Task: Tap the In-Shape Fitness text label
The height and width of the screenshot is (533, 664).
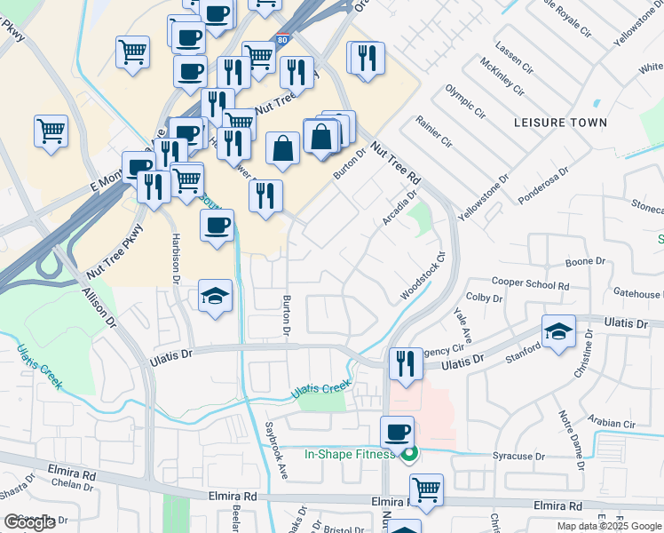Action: (349, 455)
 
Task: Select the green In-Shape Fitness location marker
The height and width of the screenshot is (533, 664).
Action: (408, 456)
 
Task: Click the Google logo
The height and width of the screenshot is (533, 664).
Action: (29, 522)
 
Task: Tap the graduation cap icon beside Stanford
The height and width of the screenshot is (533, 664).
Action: (558, 333)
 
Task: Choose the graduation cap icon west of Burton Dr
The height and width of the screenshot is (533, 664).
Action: (216, 298)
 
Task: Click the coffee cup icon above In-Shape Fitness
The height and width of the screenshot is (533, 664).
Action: (397, 433)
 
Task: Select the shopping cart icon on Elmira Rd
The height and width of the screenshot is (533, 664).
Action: (427, 489)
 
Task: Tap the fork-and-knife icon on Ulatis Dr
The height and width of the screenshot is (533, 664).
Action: (405, 364)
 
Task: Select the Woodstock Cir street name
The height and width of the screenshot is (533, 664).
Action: (422, 279)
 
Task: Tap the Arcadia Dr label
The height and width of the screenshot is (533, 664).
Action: (399, 208)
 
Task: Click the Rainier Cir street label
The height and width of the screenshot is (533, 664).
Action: (434, 131)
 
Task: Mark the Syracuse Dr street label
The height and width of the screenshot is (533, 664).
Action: (518, 456)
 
